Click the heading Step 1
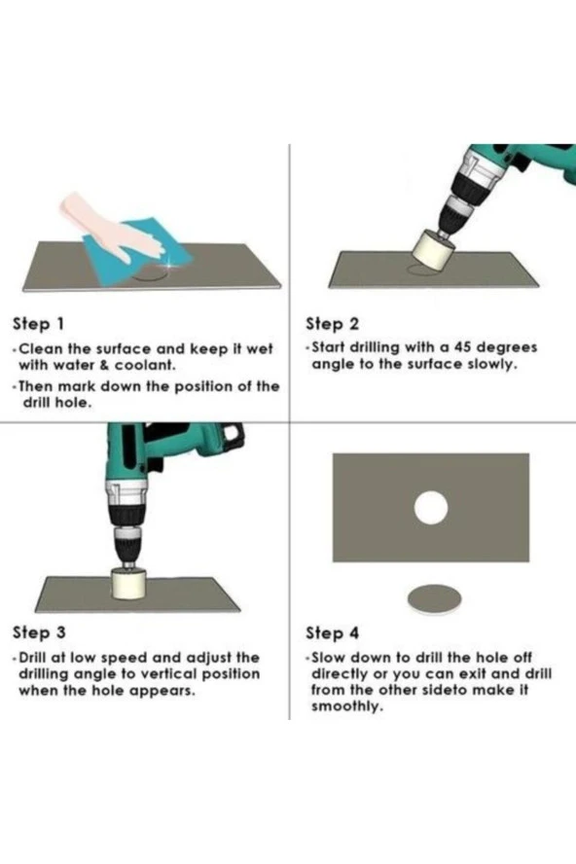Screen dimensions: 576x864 pyautogui.click(x=38, y=324)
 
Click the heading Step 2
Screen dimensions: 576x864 pyautogui.click(x=332, y=324)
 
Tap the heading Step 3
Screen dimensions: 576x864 pyautogui.click(x=39, y=633)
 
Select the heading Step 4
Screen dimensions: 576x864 pyautogui.click(x=333, y=633)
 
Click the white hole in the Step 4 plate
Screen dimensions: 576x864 pyautogui.click(x=430, y=508)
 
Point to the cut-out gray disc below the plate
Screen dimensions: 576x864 pyautogui.click(x=434, y=599)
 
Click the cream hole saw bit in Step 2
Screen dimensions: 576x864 pyautogui.click(x=433, y=251)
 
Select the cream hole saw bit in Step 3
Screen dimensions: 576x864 pyautogui.click(x=127, y=584)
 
